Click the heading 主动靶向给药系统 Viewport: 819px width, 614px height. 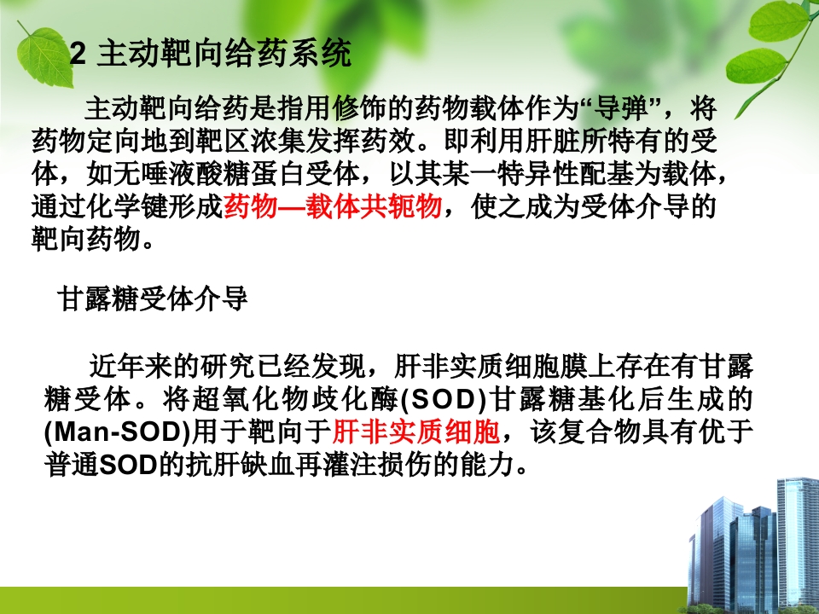pos(224,56)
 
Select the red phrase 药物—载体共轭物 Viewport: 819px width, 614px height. pos(333,207)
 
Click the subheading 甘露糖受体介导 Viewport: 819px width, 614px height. pos(153,299)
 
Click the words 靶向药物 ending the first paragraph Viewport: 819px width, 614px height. pos(84,240)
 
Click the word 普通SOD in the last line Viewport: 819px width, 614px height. pos(84,466)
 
